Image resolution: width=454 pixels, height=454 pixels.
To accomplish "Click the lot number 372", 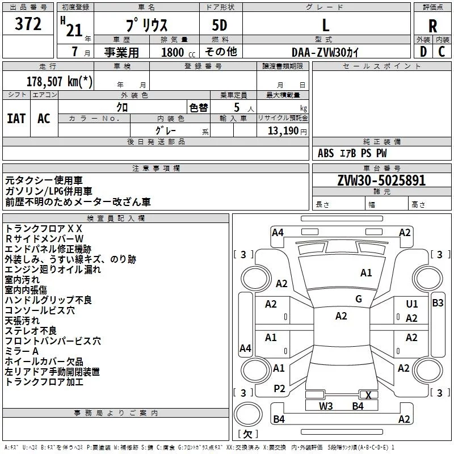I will click(x=28, y=24).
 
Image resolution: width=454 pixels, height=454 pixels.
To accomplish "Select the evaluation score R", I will click(x=432, y=26).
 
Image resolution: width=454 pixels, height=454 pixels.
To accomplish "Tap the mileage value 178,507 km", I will click(x=60, y=82).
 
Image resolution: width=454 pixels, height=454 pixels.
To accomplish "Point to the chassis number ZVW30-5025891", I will click(x=381, y=181).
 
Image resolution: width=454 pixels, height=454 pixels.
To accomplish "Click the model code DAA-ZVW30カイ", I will click(x=326, y=52).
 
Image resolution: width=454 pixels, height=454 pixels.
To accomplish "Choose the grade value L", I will click(x=325, y=26).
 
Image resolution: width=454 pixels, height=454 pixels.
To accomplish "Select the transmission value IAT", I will click(x=16, y=119).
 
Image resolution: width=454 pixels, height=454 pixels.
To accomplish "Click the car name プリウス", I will click(x=146, y=26).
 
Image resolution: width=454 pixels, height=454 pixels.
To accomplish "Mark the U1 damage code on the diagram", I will click(x=412, y=304).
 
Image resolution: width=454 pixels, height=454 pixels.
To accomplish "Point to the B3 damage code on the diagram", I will click(x=438, y=302).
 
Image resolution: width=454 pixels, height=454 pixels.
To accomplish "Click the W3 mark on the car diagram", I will click(x=326, y=406).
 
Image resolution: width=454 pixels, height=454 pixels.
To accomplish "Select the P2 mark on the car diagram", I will click(x=279, y=388).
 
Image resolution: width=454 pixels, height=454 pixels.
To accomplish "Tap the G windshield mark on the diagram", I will click(x=359, y=299).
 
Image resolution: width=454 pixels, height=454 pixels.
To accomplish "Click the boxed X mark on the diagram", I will click(x=369, y=395).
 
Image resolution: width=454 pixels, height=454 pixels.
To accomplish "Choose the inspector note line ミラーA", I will click(x=22, y=351).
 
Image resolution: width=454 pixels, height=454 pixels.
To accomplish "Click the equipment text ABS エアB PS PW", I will click(x=352, y=153).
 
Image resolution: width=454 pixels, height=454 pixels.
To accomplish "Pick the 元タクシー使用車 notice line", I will click(x=44, y=180).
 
